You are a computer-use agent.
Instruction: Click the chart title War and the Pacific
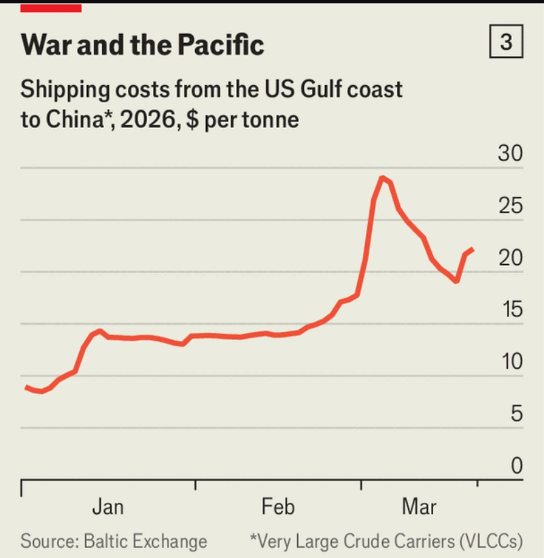point(142,45)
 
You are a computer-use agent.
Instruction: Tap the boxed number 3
point(506,42)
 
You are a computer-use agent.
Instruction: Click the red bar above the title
point(51,8)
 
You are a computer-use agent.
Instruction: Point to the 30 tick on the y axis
point(510,153)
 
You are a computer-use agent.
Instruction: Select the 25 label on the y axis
point(511,206)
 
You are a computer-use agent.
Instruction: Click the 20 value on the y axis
point(511,258)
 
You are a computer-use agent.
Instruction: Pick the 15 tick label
point(512,309)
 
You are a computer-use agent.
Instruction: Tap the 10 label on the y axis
point(512,361)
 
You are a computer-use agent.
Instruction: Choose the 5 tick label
point(517,414)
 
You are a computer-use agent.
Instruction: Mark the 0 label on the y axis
point(517,465)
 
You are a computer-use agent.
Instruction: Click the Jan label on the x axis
point(108,507)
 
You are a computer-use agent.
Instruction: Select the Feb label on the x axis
point(278,507)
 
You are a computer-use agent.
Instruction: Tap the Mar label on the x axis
point(419,507)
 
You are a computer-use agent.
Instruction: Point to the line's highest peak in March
point(382,177)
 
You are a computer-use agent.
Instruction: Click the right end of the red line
point(473,249)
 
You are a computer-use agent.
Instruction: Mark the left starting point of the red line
point(26,387)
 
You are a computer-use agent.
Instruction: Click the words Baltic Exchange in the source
point(145,542)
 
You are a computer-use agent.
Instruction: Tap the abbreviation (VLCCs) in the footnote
point(491,542)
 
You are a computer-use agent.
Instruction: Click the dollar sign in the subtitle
point(192,120)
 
